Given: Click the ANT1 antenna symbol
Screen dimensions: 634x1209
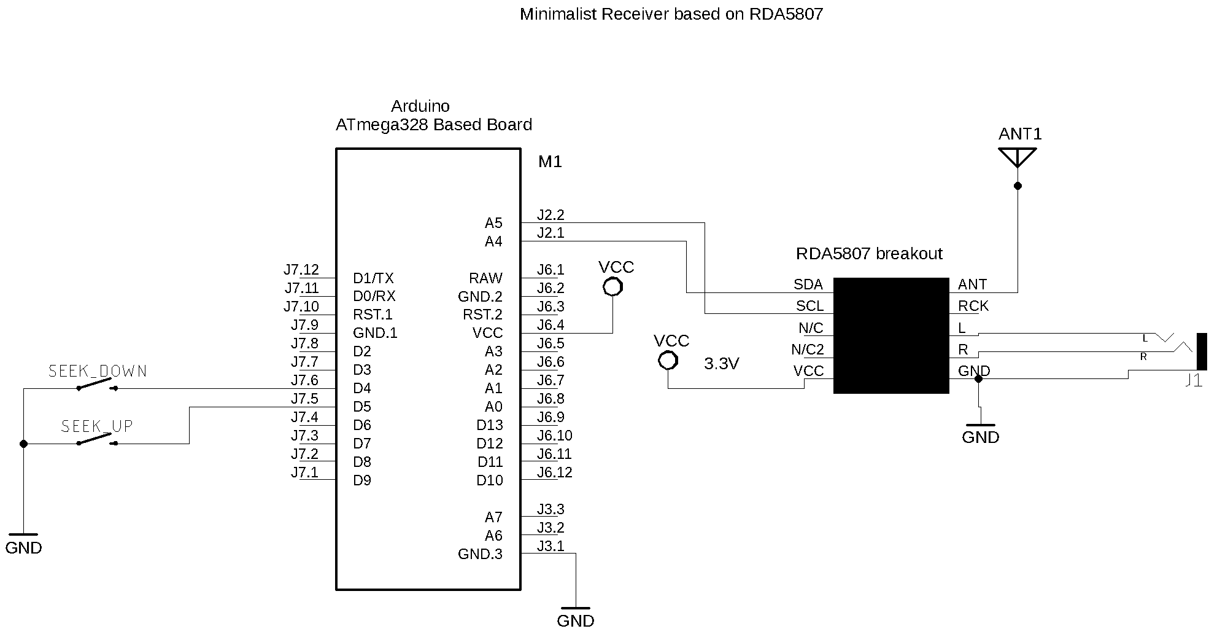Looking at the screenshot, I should pos(1017,157).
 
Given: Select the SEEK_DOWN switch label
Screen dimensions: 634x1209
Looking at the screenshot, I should pos(98,371).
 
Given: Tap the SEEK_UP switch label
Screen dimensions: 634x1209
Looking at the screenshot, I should pos(97,426).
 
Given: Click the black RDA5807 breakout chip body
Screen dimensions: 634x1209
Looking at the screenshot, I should pos(890,335).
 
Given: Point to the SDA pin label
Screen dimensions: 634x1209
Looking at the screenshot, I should pos(808,284).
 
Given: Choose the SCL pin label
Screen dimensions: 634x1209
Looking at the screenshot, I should pos(809,306).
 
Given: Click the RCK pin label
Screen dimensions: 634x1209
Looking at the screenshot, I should pos(973,306).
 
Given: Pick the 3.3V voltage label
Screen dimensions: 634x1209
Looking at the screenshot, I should pos(721,364).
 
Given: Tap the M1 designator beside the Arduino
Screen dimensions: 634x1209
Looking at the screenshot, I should pos(550,162).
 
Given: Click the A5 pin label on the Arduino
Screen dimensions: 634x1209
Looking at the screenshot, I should pos(493,223).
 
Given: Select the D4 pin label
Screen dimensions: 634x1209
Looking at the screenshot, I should pos(362,388).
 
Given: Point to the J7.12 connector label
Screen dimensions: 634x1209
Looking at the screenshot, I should pos(301,270).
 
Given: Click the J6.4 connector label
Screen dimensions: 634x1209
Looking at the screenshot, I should pos(550,325).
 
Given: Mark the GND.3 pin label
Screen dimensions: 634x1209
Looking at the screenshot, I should pos(480,554).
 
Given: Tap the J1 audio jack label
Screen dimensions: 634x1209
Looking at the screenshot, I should pos(1194,381).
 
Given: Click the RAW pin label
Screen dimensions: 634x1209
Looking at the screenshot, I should pos(485,278).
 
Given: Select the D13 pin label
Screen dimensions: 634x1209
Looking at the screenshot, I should pos(489,425).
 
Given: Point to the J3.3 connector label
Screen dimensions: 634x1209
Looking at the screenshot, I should pos(550,509).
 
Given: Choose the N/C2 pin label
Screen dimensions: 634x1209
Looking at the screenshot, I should pos(808,350).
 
